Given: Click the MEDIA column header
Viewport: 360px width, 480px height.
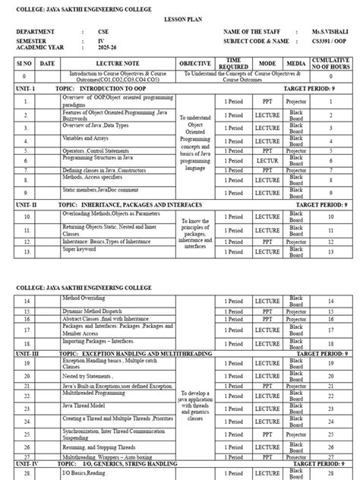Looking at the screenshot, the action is pyautogui.click(x=295, y=63).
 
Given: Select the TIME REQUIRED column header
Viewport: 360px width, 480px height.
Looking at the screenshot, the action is pyautogui.click(x=234, y=63).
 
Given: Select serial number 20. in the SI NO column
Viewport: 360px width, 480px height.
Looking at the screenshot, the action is pyautogui.click(x=24, y=376).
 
